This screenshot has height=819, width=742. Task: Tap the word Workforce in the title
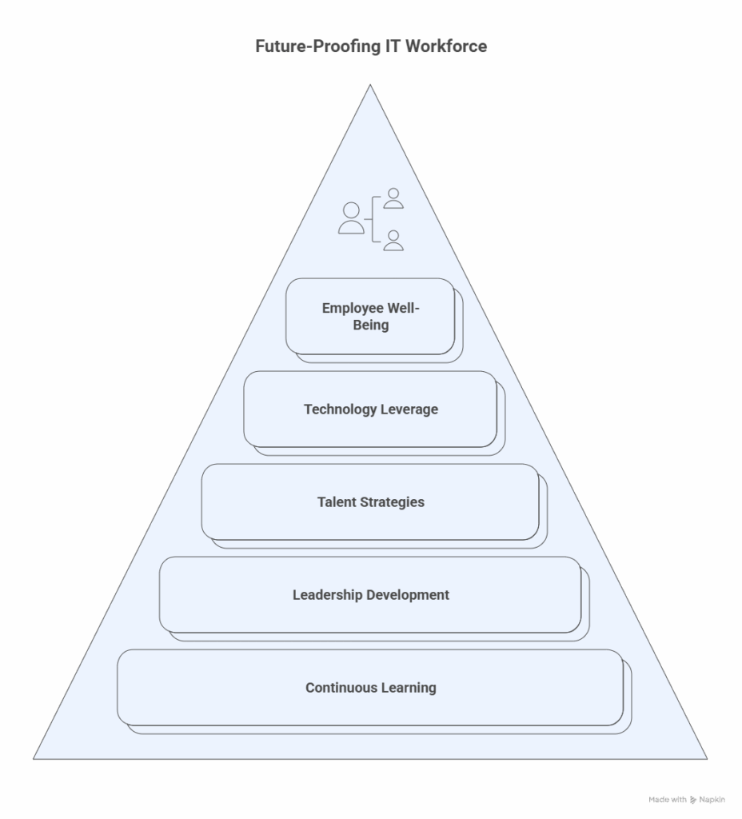pyautogui.click(x=445, y=46)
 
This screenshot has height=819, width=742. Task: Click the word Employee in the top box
pyautogui.click(x=353, y=308)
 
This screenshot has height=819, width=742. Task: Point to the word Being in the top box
pyautogui.click(x=371, y=325)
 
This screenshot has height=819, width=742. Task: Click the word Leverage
pyautogui.click(x=409, y=409)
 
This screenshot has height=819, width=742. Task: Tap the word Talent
pyautogui.click(x=337, y=502)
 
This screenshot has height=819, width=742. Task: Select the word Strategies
pyautogui.click(x=392, y=502)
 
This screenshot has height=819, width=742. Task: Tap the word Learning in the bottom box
pyautogui.click(x=409, y=688)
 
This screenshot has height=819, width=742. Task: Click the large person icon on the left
pyautogui.click(x=351, y=218)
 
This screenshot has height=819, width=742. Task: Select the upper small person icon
pyautogui.click(x=393, y=198)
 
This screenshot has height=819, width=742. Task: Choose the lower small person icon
pyautogui.click(x=393, y=240)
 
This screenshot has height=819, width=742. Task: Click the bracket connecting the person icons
pyautogui.click(x=373, y=218)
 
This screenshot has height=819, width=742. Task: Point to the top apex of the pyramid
pyautogui.click(x=370, y=87)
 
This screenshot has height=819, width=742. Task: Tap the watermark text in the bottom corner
pyautogui.click(x=687, y=799)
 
